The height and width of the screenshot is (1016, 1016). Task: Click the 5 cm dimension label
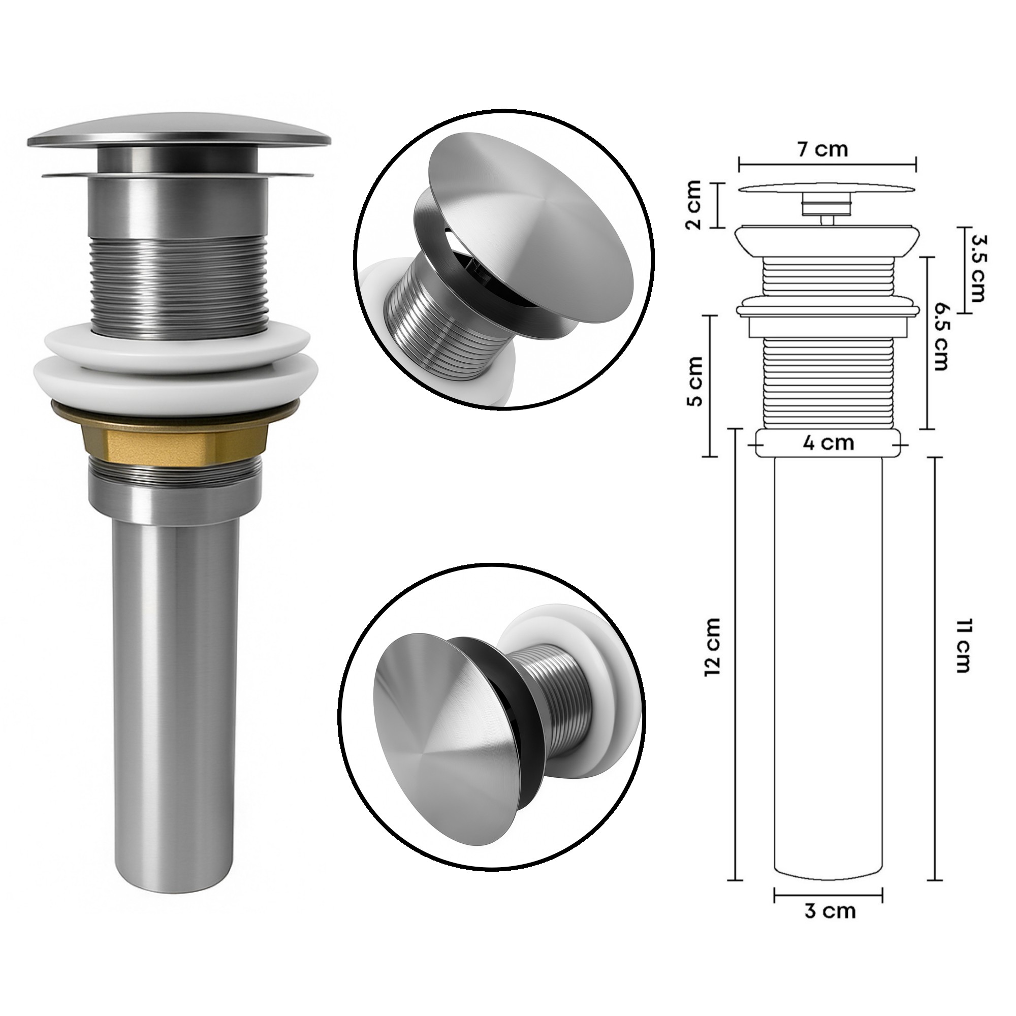coord(695,388)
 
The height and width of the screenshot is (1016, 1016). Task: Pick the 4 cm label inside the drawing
coord(828,442)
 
